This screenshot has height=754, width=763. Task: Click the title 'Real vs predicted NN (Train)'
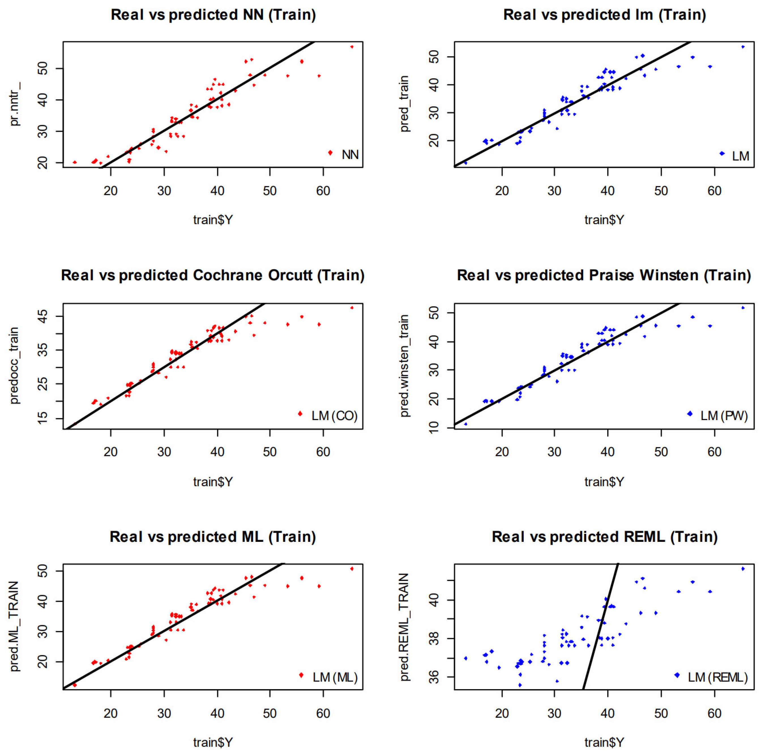click(x=213, y=15)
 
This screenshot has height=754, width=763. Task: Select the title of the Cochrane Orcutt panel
click(x=212, y=275)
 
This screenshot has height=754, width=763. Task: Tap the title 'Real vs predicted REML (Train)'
click(x=604, y=537)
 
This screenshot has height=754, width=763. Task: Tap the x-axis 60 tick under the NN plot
click(x=323, y=191)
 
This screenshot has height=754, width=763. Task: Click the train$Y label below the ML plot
click(x=213, y=742)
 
